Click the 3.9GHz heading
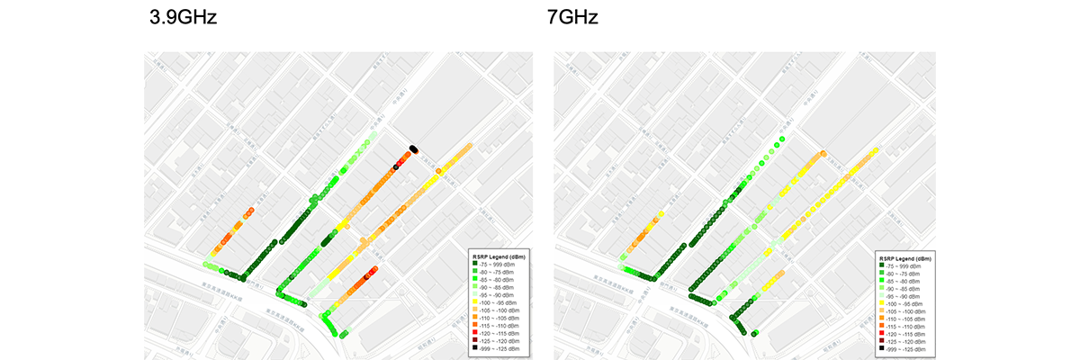[x=184, y=18]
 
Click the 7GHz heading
[x=572, y=18]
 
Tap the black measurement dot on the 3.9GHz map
[x=413, y=148]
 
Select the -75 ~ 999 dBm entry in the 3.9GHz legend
[x=500, y=265]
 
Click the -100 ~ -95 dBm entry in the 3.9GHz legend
[x=500, y=301]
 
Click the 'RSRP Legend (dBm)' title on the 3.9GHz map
[x=500, y=256]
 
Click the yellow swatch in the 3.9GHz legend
[x=476, y=301]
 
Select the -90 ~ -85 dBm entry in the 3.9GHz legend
[x=500, y=287]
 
